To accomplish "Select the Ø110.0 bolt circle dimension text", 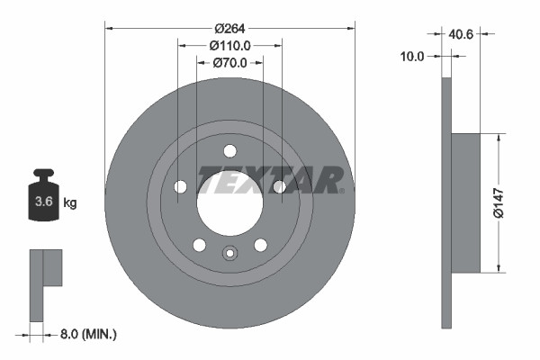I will tap(229, 45).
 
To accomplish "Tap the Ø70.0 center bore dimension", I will tap(229, 63).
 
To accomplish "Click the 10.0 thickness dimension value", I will tap(411, 56).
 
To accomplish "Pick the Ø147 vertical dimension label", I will tap(508, 202).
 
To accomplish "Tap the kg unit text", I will tap(70, 202).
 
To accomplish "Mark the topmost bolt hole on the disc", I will tap(229, 150).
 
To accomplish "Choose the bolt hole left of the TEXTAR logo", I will tap(179, 187).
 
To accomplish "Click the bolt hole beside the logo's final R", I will tap(280, 186).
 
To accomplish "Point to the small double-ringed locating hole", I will tap(229, 253).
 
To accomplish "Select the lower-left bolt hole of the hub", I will tap(199, 245).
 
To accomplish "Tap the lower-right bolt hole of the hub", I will tap(261, 245).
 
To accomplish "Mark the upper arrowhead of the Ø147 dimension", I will tap(496, 139).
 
